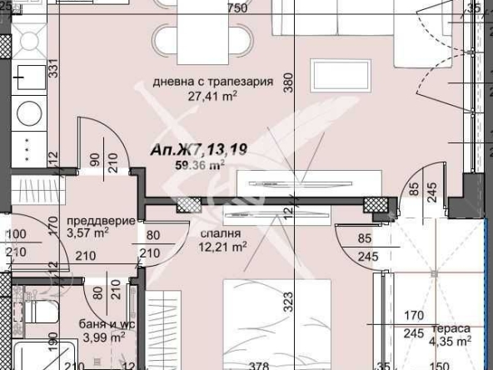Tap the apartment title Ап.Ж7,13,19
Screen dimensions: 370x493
click(x=200, y=149)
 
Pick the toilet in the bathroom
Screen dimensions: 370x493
click(x=37, y=314)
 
